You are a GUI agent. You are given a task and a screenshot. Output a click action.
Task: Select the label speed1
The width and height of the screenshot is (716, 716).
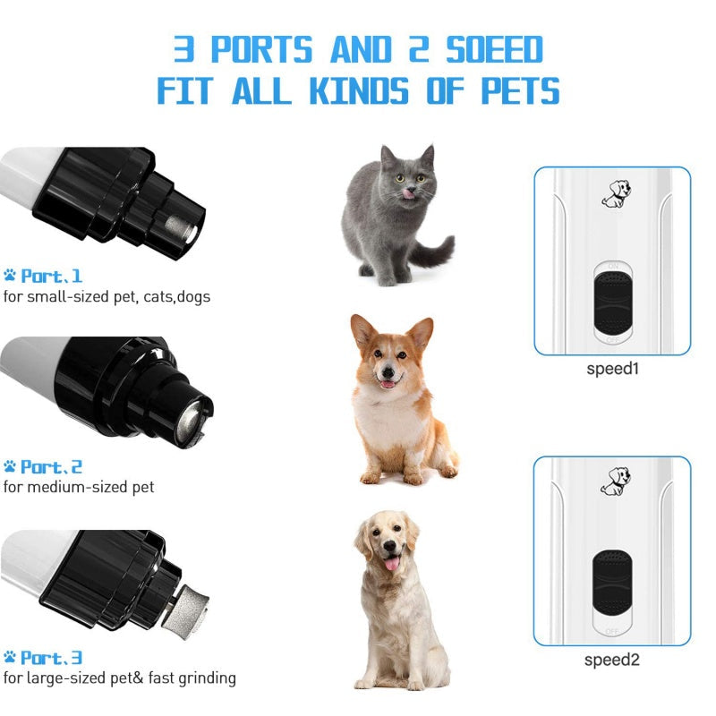[x=613, y=368]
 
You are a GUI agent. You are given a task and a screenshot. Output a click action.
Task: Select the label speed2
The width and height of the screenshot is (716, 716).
[x=613, y=660]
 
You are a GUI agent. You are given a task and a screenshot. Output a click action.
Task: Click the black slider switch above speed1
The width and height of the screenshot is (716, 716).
[x=612, y=304]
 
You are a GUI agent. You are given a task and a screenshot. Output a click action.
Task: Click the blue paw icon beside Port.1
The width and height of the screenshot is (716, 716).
[x=10, y=276]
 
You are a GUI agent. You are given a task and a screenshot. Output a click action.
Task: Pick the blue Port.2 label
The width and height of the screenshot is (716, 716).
[x=52, y=467]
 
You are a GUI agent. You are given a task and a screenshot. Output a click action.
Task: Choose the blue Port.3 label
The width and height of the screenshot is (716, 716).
[x=52, y=658]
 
